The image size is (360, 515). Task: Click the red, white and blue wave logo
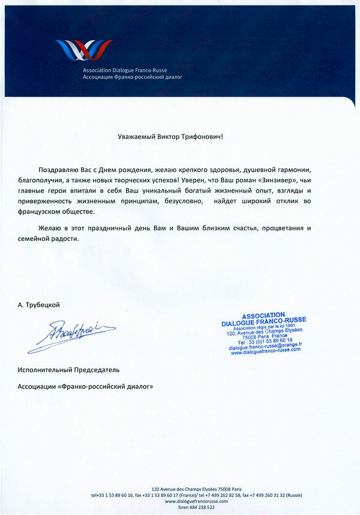pyautogui.click(x=83, y=50)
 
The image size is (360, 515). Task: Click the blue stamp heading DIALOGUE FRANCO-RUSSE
pyautogui.click(x=263, y=322)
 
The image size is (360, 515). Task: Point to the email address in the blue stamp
pyautogui.click(x=265, y=346)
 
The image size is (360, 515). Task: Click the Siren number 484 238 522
pyautogui.click(x=186, y=507)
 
